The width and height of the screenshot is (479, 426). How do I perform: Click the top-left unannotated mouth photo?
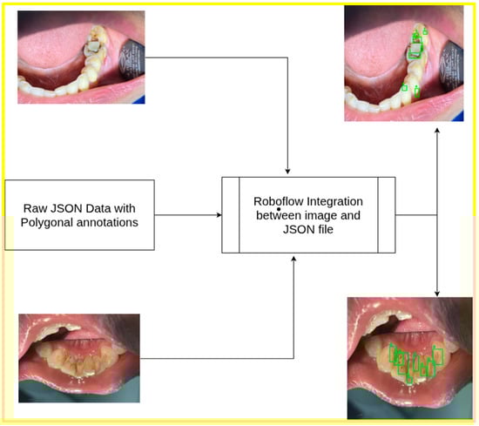click(x=81, y=57)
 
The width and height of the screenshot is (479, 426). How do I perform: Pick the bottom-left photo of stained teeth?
click(x=79, y=358)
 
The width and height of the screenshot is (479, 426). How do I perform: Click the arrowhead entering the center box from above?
click(x=287, y=171)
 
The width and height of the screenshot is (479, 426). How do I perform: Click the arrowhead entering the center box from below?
click(x=296, y=259)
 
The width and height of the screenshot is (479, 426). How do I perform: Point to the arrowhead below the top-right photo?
click(x=436, y=128)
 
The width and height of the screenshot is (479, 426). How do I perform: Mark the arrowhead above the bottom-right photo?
click(x=436, y=293)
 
